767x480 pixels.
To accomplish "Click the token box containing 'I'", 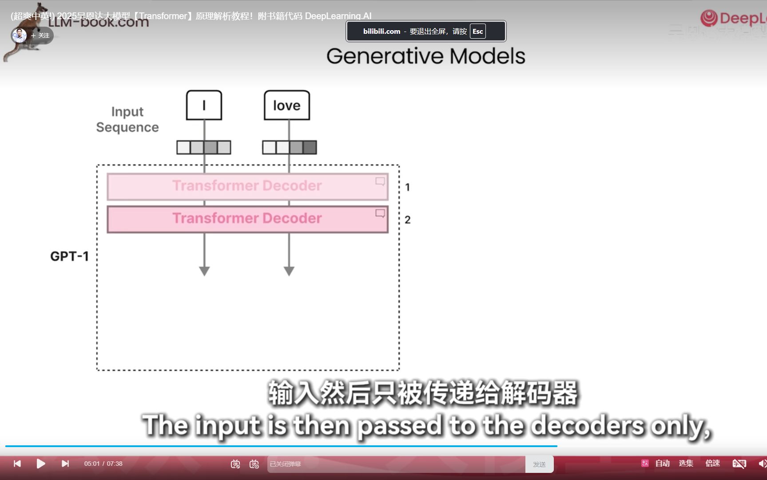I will pos(204,105).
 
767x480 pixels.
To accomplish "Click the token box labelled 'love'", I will pos(286,105).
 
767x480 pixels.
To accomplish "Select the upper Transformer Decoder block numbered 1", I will pos(247,186).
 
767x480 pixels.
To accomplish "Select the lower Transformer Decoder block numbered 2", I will pos(247,219).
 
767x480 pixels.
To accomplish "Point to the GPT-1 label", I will pos(70,256).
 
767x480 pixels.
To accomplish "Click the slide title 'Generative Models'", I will pos(425,56).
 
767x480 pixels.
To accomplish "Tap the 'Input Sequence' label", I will pos(127,119).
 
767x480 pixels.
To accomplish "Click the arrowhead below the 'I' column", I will pos(204,271).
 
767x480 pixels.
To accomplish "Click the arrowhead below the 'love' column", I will pos(289,271).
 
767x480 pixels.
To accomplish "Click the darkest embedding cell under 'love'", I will pos(310,147).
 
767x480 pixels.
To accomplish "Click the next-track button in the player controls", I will pos(65,464).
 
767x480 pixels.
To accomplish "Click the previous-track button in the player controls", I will pos(17,464).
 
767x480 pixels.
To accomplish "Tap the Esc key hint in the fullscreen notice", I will pos(477,31).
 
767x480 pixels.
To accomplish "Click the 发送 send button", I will pos(539,464).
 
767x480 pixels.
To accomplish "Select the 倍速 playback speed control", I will pos(712,463).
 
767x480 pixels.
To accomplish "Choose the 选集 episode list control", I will pos(686,463).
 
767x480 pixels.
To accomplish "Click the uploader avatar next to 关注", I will pos(19,35).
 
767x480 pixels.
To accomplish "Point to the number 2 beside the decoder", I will pos(407,220).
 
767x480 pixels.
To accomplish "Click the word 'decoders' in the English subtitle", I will pos(587,426).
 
